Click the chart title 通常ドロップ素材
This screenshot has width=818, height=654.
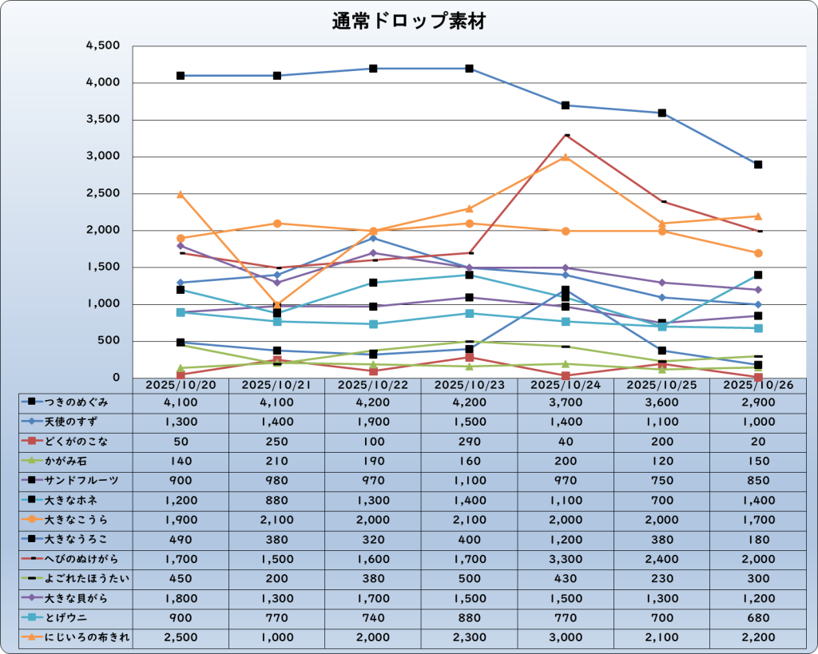(x=408, y=22)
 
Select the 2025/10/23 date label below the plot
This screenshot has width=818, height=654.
(x=469, y=385)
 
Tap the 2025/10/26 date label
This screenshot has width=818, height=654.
(x=757, y=385)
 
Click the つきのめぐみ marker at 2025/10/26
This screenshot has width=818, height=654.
(x=758, y=164)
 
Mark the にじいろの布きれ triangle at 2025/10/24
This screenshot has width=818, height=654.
(x=566, y=157)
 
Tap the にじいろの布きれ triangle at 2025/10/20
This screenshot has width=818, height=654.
(x=181, y=194)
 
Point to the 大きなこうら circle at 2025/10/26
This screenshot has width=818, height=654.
(x=758, y=253)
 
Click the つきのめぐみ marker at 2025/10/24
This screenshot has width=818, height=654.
(x=566, y=105)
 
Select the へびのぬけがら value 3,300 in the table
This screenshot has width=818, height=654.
(x=566, y=559)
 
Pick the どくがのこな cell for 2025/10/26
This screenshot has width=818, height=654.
(x=757, y=442)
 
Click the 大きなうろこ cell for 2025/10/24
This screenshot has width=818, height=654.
(x=566, y=539)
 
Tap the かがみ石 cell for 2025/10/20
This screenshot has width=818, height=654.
(x=181, y=461)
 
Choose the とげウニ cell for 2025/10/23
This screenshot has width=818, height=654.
(x=469, y=617)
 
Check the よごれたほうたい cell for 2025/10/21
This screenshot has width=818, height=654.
(x=276, y=578)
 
